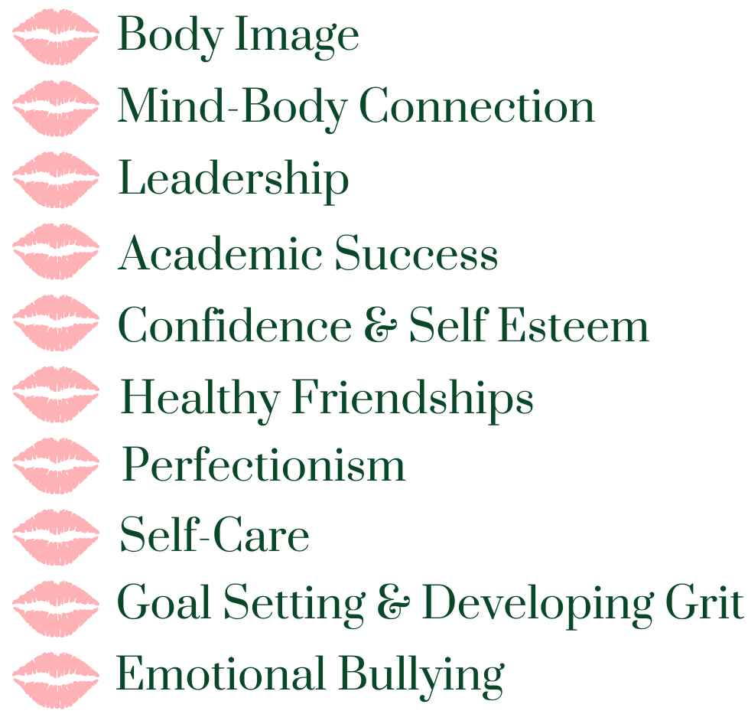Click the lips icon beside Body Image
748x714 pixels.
point(56,36)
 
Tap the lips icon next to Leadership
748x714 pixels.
point(56,179)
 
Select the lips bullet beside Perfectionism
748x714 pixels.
point(56,465)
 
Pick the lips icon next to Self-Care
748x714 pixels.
point(56,536)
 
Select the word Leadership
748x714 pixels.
point(233,181)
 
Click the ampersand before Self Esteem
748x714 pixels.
point(379,327)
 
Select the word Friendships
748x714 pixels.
point(412,399)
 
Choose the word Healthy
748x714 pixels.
point(200,399)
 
